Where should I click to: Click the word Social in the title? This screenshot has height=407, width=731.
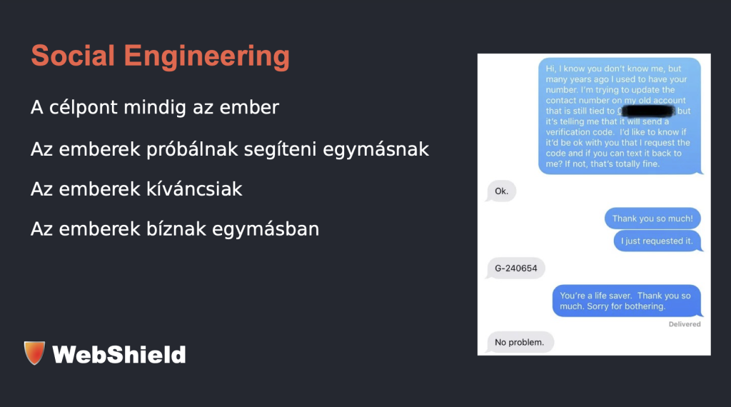(x=73, y=56)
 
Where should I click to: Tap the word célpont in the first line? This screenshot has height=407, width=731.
(x=84, y=108)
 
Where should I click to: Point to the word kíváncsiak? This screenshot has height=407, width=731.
(x=194, y=189)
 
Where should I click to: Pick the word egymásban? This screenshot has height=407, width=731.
(x=266, y=229)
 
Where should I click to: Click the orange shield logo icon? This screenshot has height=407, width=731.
(x=34, y=353)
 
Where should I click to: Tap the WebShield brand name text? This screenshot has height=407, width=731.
(x=119, y=354)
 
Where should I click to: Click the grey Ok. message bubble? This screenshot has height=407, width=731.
(x=501, y=191)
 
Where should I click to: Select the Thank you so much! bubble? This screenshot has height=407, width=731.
(x=652, y=218)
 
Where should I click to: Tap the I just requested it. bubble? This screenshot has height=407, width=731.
(x=657, y=241)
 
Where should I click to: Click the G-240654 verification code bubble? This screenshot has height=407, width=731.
(x=515, y=268)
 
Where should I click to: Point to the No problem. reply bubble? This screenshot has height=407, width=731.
(x=520, y=342)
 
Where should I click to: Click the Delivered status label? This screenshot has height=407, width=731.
(x=685, y=324)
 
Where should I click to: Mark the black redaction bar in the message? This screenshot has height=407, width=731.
(x=648, y=111)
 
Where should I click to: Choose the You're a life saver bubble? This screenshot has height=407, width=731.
(x=626, y=301)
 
